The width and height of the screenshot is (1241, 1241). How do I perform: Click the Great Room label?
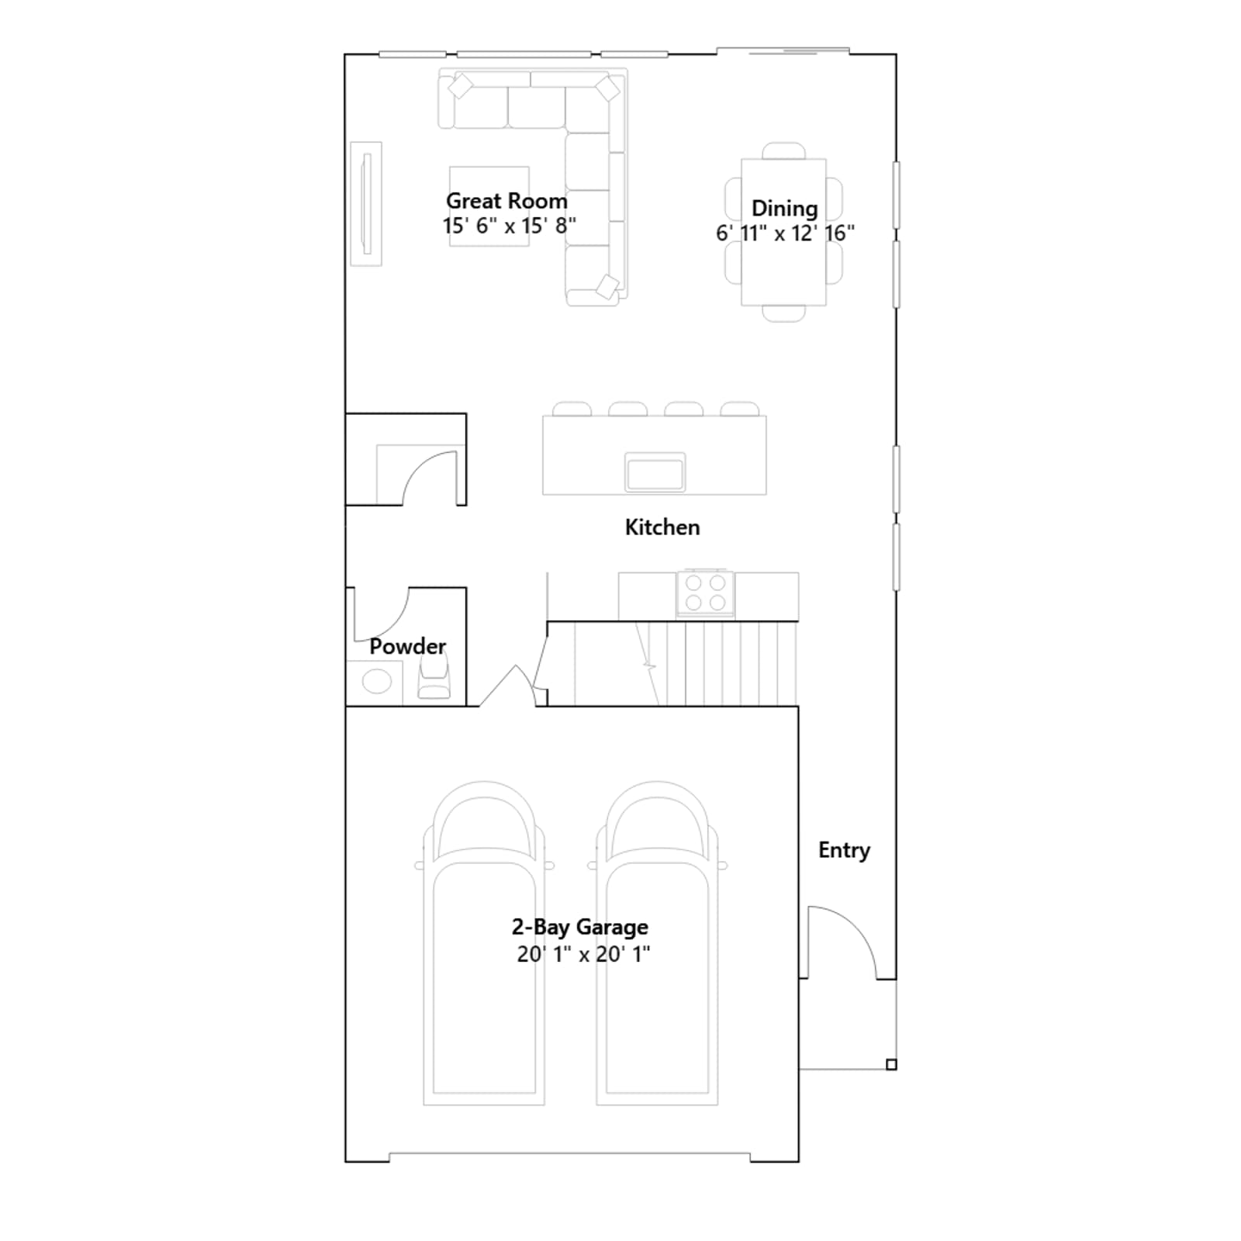pos(506,201)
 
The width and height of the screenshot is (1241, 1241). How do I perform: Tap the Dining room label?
pos(784,209)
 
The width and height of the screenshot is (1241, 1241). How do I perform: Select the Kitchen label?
pos(662,527)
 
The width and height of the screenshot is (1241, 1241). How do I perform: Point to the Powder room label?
pos(407,646)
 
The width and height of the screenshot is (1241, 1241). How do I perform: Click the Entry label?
pos(844,851)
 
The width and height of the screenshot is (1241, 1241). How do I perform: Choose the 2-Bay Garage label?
pos(579,927)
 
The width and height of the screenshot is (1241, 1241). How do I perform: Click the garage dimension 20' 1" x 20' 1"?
pos(583,954)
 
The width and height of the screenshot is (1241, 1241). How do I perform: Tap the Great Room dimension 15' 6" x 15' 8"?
pos(509,226)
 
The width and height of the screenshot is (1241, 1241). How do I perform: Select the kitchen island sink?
pos(655,472)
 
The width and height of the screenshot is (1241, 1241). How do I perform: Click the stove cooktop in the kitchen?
pos(706,593)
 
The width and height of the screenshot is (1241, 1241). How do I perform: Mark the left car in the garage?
pos(484,943)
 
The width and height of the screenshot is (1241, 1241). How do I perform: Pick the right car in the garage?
pos(657,943)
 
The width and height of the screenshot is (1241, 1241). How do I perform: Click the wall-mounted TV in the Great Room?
pos(366,203)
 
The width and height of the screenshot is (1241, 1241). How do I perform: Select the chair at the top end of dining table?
pos(784,151)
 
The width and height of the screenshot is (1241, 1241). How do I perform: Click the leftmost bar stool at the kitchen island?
pos(572,409)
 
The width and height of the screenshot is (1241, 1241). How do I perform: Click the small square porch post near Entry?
pos(891,1065)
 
